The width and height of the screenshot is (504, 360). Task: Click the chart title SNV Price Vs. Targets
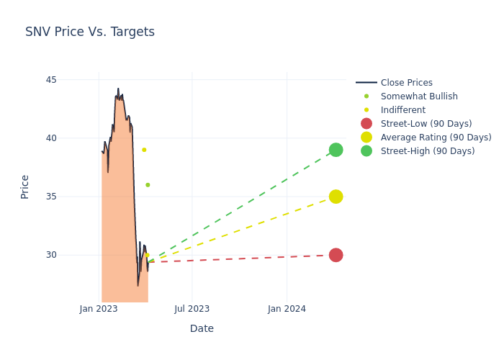point(90,32)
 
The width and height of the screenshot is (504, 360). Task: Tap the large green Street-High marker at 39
point(336,150)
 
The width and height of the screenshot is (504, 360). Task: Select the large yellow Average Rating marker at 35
point(336,197)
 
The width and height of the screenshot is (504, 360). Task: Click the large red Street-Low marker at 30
point(336,255)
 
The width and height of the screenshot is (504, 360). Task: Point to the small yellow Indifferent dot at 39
point(144,150)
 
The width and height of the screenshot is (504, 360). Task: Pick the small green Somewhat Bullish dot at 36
point(148,185)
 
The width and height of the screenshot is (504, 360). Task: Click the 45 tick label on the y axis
point(71,80)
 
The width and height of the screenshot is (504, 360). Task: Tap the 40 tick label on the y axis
point(71,138)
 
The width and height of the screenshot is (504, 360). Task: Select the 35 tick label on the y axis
point(71,197)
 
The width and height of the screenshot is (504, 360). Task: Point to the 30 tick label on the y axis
point(71,255)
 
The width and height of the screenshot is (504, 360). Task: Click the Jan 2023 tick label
point(99,309)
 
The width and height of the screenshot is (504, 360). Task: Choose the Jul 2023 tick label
point(192,309)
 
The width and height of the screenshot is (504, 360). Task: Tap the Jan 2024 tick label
point(287,309)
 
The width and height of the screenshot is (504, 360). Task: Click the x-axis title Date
point(202,328)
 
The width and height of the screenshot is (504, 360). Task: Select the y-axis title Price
point(25,186)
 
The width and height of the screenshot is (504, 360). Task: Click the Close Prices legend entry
point(406,83)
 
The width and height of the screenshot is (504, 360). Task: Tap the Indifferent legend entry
point(402,110)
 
